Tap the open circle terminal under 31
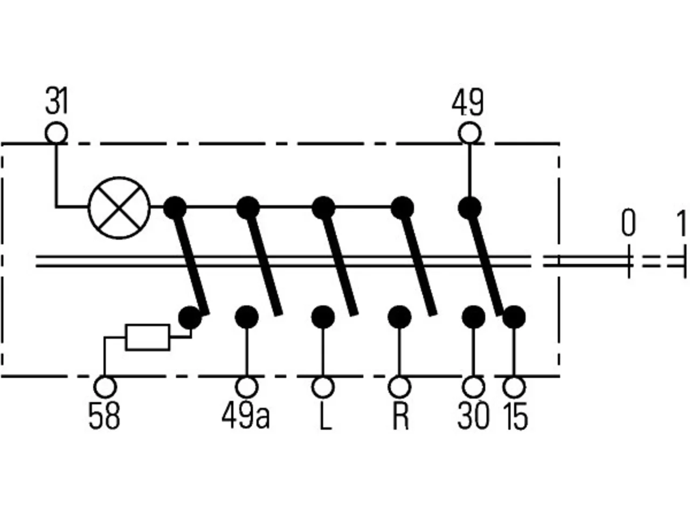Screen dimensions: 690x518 pyautogui.click(x=56, y=133)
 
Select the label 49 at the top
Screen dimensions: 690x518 pyautogui.click(x=467, y=102)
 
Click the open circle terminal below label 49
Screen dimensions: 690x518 pyautogui.click(x=470, y=133)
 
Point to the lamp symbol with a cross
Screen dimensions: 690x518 pyautogui.click(x=119, y=208)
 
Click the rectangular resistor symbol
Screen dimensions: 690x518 pyautogui.click(x=148, y=337)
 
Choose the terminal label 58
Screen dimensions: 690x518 pyautogui.click(x=104, y=417)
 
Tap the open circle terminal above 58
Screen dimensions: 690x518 pyautogui.click(x=105, y=387)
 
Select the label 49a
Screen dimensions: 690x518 pyautogui.click(x=246, y=417)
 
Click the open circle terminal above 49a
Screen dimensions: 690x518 pyautogui.click(x=247, y=387)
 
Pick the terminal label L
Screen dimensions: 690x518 pyautogui.click(x=326, y=417)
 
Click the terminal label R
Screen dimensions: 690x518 pyautogui.click(x=401, y=417)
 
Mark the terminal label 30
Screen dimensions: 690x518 pyautogui.click(x=473, y=417)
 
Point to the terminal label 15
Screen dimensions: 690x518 pyautogui.click(x=515, y=417)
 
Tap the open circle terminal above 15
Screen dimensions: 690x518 pyautogui.click(x=514, y=387)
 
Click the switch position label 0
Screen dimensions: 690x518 pyautogui.click(x=629, y=223)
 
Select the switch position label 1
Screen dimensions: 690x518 pyautogui.click(x=681, y=223)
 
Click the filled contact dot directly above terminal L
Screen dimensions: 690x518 pyautogui.click(x=323, y=317)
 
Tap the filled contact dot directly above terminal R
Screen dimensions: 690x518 pyautogui.click(x=399, y=317)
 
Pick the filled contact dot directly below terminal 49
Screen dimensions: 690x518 pyautogui.click(x=470, y=208)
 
